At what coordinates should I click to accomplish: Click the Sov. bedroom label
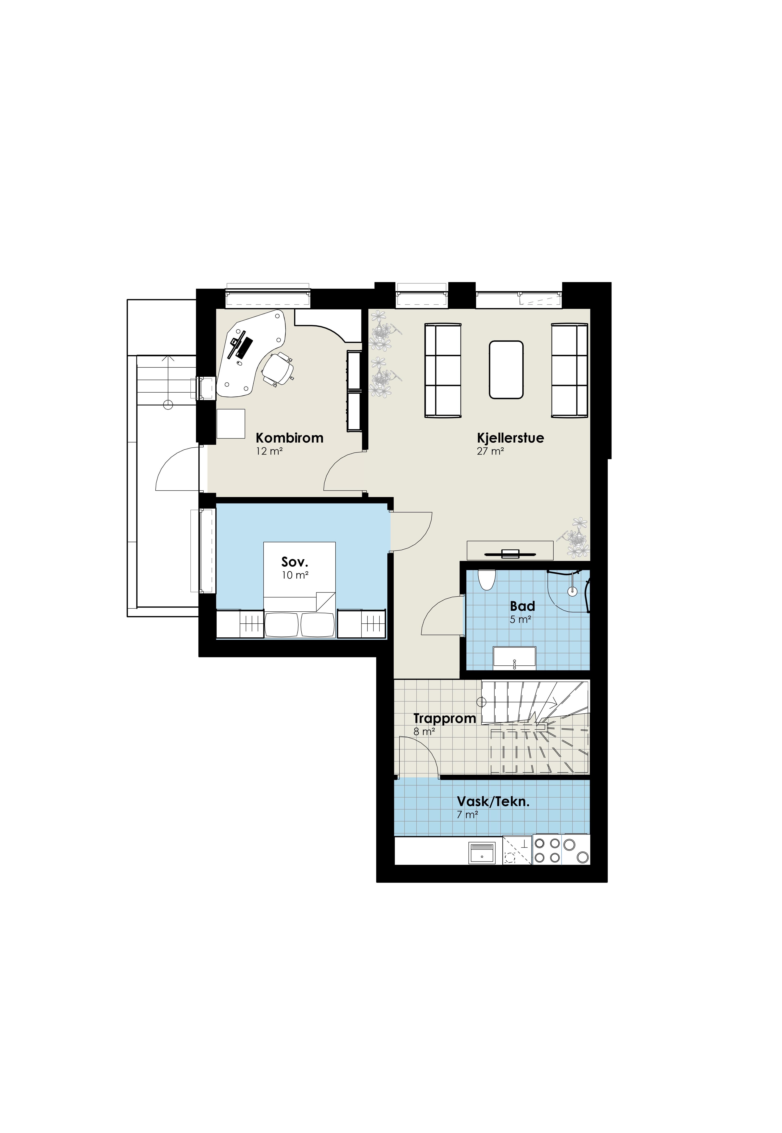(294, 562)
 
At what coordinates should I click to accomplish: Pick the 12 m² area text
(269, 451)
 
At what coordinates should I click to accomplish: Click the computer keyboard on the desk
(244, 347)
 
